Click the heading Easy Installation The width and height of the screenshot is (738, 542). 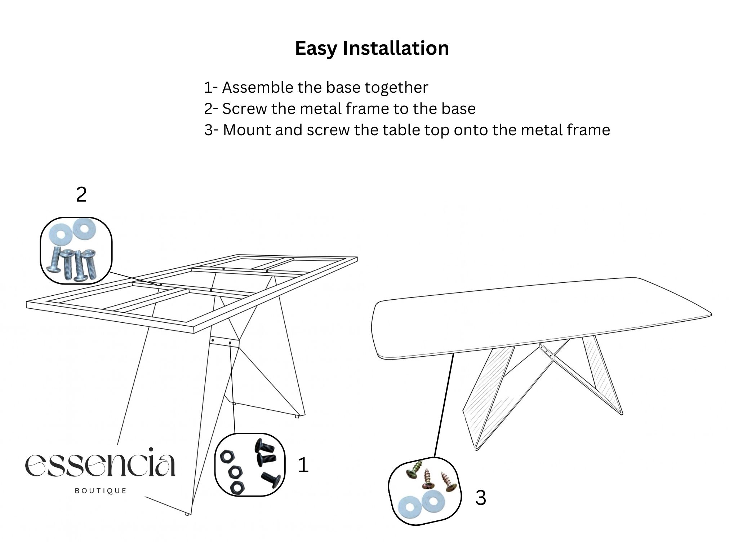[372, 49]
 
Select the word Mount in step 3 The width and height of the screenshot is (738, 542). [246, 130]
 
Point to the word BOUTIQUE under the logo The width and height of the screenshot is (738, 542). [101, 491]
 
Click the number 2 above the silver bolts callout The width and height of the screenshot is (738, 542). [81, 195]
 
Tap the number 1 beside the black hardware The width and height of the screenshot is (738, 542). [303, 465]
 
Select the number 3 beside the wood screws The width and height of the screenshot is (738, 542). [481, 498]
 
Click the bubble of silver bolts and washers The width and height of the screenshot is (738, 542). [76, 251]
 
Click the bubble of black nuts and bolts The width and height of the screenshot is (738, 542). [250, 465]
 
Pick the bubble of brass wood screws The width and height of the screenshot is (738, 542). [425, 491]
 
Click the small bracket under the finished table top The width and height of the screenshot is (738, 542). [546, 351]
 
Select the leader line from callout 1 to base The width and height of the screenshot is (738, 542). [232, 388]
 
